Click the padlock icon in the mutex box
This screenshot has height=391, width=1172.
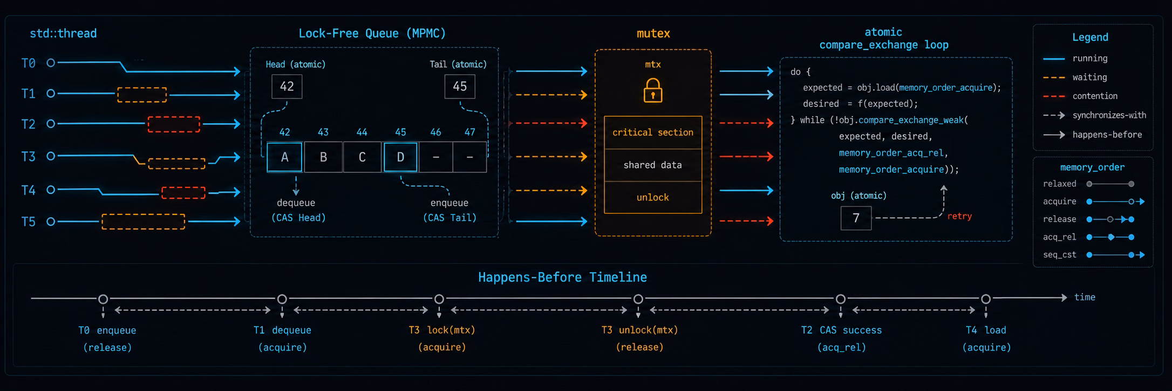[x=653, y=90]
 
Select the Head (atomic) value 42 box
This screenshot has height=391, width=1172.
[x=287, y=86]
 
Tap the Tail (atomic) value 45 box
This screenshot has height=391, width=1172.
[x=460, y=86]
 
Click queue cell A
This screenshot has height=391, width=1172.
[x=284, y=157]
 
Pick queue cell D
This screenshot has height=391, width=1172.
[x=400, y=157]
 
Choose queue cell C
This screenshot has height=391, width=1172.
[x=362, y=157]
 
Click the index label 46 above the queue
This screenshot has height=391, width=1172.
[x=435, y=132]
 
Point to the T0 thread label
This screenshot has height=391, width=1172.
[x=29, y=64]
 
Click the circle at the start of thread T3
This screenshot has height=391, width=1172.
[x=51, y=156]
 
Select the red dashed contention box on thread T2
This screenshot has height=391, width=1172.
[x=174, y=124]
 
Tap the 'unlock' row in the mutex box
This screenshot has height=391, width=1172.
[x=653, y=198]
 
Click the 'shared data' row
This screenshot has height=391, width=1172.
[x=653, y=165]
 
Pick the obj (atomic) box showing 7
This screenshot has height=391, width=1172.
[x=856, y=218]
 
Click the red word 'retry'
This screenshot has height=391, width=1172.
[x=959, y=216]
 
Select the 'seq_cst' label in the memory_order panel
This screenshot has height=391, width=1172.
[x=1060, y=255]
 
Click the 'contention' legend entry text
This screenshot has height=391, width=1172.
[x=1095, y=96]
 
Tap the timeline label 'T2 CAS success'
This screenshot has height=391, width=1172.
[x=841, y=330]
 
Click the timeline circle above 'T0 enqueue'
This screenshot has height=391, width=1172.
[x=103, y=299]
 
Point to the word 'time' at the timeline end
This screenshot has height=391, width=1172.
[x=1085, y=297]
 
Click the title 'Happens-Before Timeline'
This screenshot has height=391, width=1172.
[x=562, y=278]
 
